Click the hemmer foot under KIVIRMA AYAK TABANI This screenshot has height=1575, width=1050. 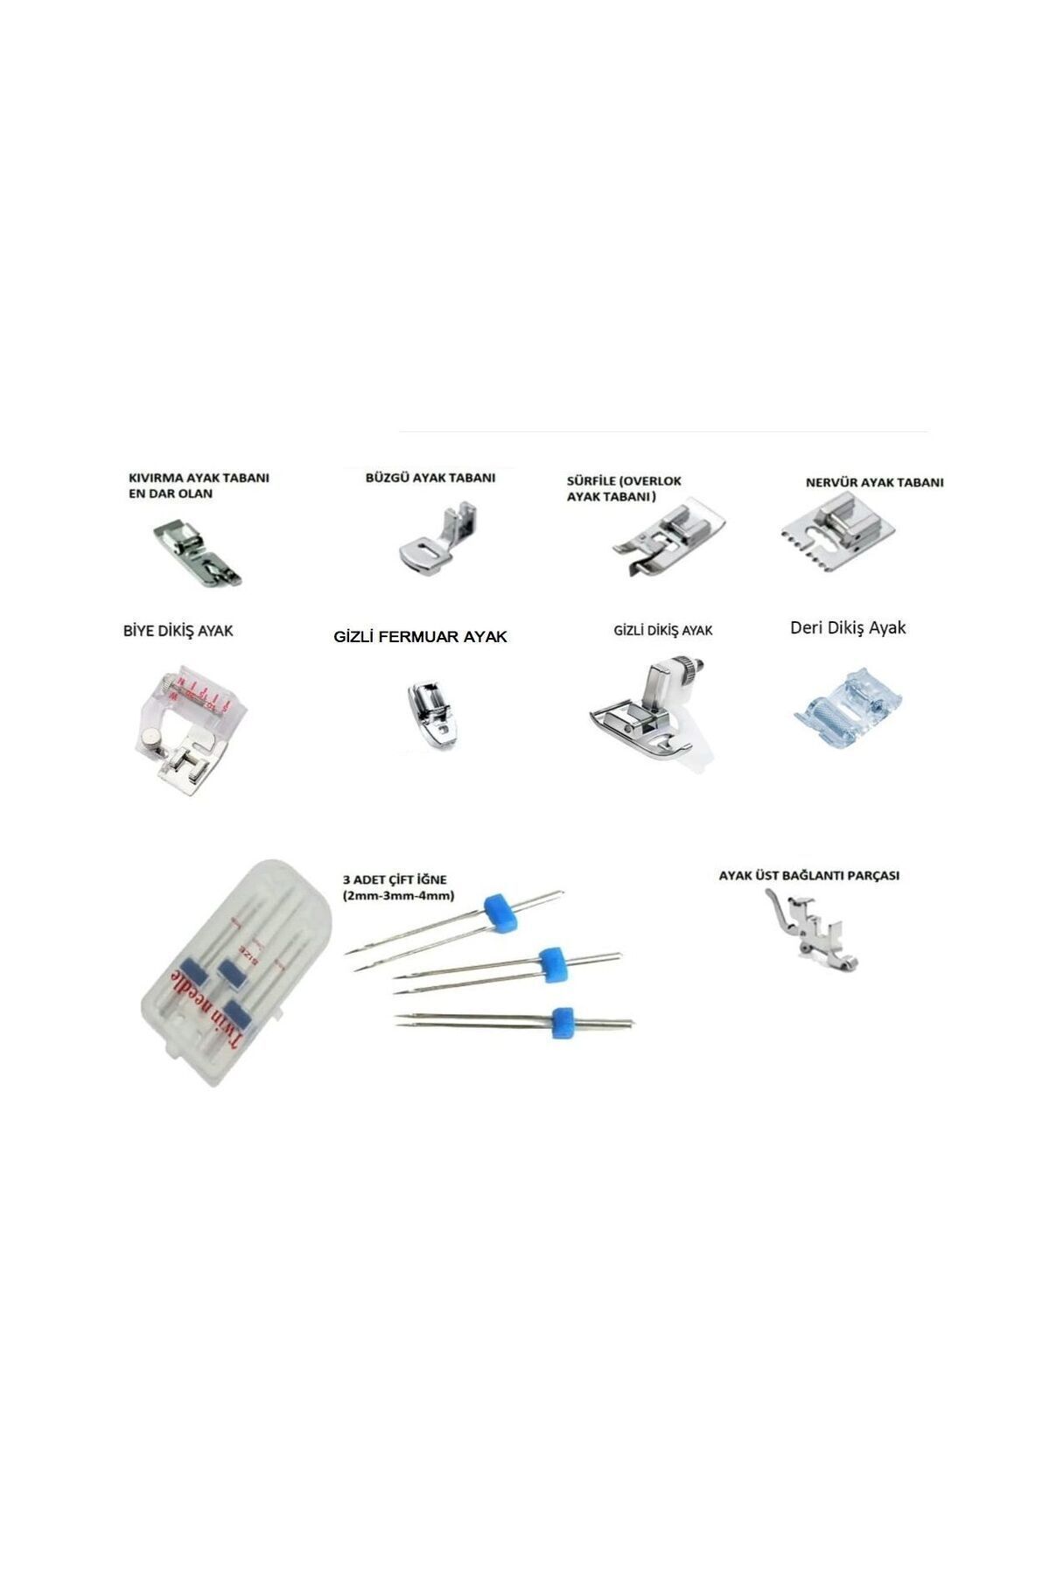[x=198, y=553]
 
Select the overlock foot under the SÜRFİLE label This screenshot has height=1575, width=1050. [x=667, y=542]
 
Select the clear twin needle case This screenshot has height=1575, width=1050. [x=236, y=971]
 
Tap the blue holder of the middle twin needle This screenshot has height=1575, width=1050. [x=550, y=962]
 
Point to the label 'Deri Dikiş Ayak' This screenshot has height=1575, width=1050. [x=848, y=627]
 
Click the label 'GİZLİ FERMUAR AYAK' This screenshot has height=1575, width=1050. [x=420, y=637]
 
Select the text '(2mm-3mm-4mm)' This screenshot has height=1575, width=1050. [x=398, y=896]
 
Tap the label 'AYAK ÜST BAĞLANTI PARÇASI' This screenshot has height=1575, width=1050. [x=809, y=875]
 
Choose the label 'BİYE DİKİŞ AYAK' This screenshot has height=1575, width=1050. [x=178, y=630]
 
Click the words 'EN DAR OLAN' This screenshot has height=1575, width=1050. [x=171, y=493]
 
